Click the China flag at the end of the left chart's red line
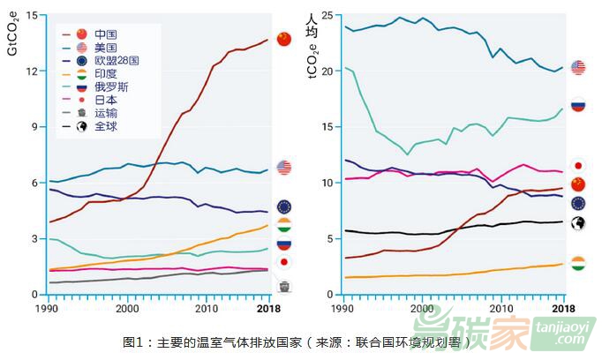[x=283, y=39]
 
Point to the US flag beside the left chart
[x=284, y=168]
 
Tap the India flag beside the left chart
[x=284, y=225]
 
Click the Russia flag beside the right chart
[x=578, y=105]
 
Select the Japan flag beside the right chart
[x=578, y=165]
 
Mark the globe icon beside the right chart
[x=578, y=223]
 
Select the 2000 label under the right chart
[x=423, y=310]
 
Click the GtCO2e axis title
[x=11, y=34]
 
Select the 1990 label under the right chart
[x=344, y=310]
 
